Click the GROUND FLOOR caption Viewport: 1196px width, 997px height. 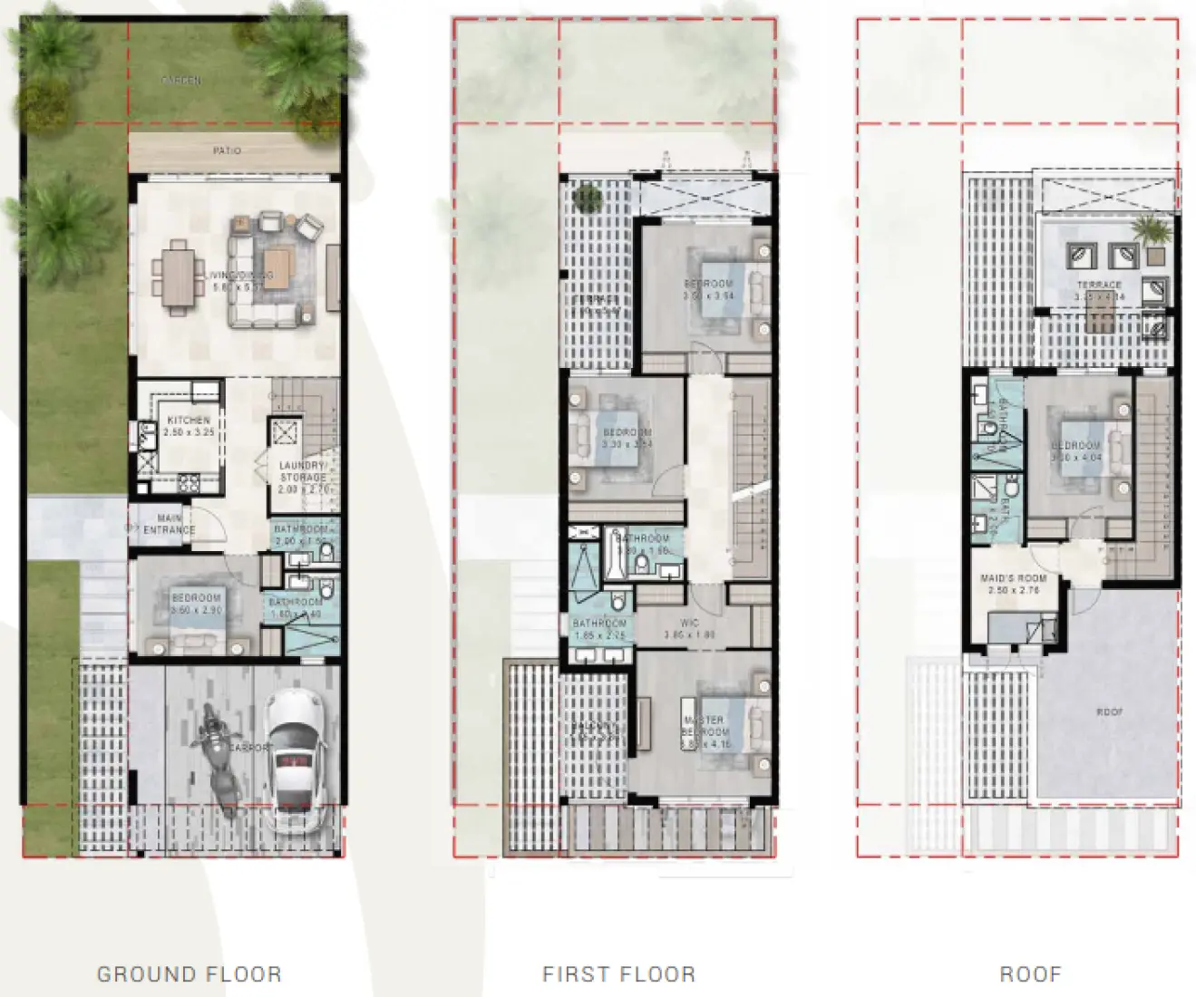[x=189, y=974]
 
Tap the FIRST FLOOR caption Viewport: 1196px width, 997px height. [x=618, y=974]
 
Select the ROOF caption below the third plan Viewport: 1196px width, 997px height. [x=1030, y=974]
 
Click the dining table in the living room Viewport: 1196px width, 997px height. [x=178, y=274]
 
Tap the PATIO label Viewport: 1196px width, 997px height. [x=227, y=150]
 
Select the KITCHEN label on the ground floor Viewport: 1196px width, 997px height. [x=189, y=421]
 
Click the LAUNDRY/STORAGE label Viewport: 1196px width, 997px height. [x=303, y=471]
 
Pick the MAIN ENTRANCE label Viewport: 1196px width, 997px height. [x=169, y=524]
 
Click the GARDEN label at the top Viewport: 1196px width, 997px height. [x=181, y=81]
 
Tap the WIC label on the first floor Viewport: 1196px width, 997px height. [x=689, y=624]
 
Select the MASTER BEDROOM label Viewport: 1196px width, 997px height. [x=705, y=726]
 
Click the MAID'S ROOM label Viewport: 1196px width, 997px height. [x=1013, y=578]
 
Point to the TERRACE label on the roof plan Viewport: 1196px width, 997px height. [x=1098, y=285]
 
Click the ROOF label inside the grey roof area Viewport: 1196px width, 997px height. [x=1110, y=712]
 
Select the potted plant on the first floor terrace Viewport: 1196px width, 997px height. [x=588, y=196]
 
